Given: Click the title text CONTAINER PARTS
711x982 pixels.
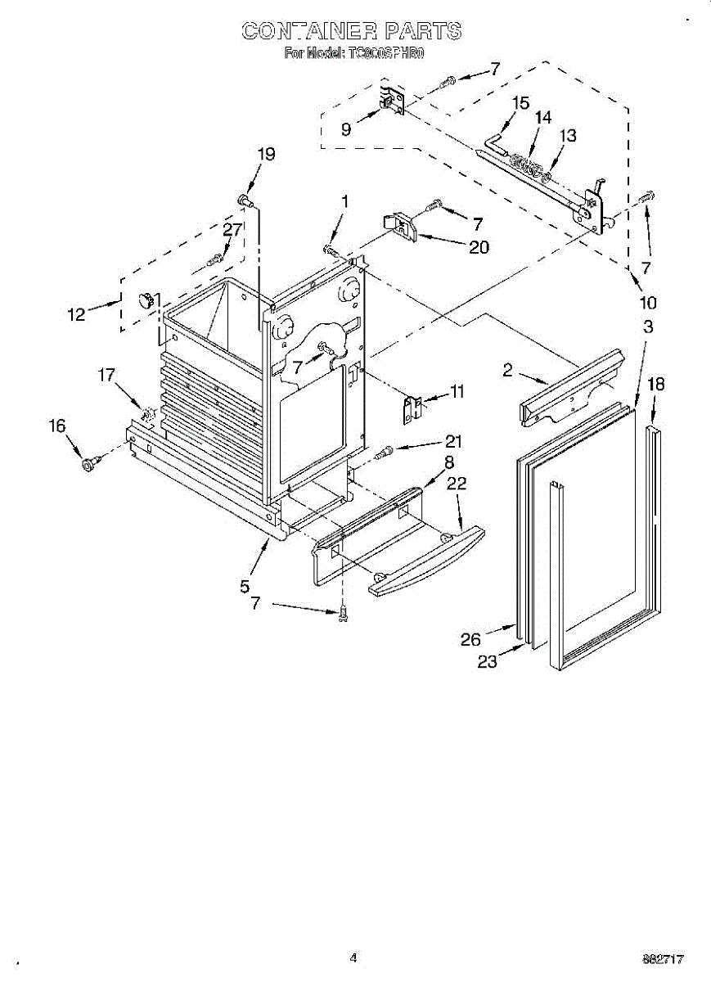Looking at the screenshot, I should tap(352, 31).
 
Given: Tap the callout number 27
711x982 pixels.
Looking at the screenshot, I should tap(232, 230).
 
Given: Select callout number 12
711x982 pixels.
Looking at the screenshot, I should tap(77, 313).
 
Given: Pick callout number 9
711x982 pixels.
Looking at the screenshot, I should tap(346, 128).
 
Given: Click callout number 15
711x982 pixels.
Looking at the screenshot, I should tap(520, 103).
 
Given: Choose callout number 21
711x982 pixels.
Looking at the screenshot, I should tap(453, 442).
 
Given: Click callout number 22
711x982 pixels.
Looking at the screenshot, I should tap(457, 484).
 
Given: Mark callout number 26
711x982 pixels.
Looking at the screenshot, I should tap(470, 639).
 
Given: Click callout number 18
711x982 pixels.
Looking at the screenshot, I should tap(655, 385).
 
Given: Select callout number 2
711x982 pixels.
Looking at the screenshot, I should tap(507, 371).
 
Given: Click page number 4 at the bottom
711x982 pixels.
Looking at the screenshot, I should tap(353, 957).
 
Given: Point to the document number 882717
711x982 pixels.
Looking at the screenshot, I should tap(663, 958).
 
